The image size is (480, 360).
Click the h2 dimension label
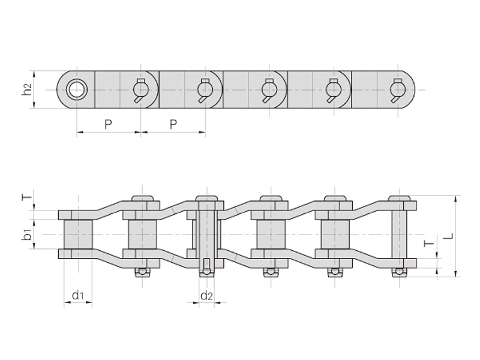(27, 89)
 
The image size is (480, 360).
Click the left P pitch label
(108, 124)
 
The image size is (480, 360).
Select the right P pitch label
(173, 124)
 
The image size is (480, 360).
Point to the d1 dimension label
(78, 296)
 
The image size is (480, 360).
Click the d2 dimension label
(206, 296)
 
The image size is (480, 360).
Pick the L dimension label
(449, 236)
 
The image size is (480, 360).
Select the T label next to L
(430, 244)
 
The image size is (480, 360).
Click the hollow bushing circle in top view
(77, 89)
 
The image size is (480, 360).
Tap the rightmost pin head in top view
(398, 89)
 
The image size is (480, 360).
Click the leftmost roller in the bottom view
(78, 234)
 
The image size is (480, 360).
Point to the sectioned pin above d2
(206, 236)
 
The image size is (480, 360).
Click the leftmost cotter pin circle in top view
(140, 89)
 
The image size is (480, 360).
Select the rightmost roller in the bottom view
(335, 234)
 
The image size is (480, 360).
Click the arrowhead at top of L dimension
(456, 199)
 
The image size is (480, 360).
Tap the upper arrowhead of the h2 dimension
(34, 74)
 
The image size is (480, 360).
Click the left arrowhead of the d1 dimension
(67, 303)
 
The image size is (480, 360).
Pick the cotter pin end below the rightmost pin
(399, 272)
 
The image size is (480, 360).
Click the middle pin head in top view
(269, 89)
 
